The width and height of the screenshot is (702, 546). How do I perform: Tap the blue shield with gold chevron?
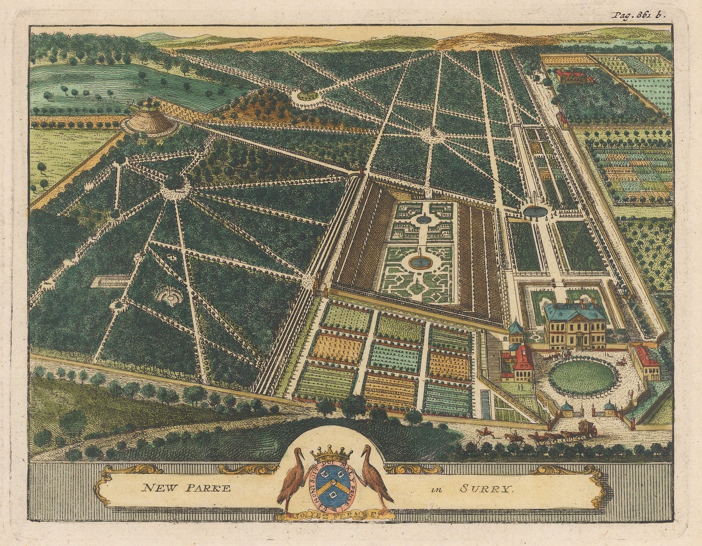click(x=333, y=484)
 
